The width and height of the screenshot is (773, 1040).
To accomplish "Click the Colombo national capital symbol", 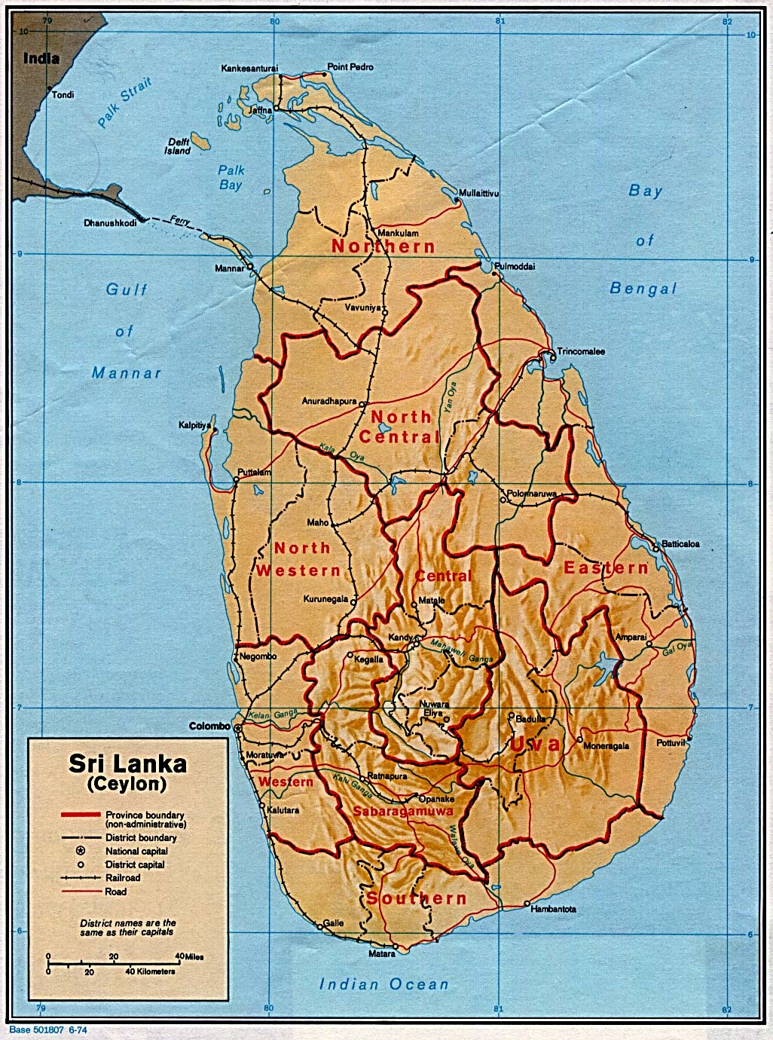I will point(239,728).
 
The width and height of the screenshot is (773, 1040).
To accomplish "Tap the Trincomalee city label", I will point(581,352).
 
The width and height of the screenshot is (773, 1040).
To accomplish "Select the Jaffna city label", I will point(259,111).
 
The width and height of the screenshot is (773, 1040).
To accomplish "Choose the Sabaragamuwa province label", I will point(402,812).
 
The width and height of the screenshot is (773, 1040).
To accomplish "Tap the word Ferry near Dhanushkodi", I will point(179,221).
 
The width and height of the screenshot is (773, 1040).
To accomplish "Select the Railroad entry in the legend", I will point(123,878).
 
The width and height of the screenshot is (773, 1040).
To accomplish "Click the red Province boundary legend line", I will point(80,815).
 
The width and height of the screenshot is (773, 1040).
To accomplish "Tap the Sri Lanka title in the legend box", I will point(127,763).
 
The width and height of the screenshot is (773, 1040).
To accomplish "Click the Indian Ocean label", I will point(383,983).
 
